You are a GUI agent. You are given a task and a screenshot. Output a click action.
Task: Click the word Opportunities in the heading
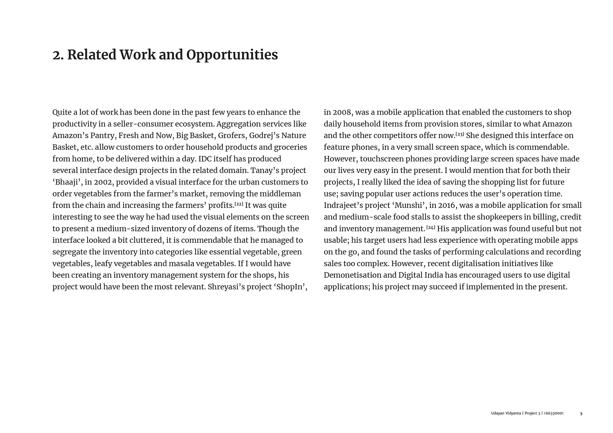232,55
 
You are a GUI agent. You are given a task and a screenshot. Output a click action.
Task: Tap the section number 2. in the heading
58,55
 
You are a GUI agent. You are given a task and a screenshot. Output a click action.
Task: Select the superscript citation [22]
239,204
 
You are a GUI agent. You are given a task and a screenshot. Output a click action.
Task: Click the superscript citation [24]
431,227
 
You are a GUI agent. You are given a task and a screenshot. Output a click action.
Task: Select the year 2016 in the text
446,205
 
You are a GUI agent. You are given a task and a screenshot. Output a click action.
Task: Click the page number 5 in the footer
581,413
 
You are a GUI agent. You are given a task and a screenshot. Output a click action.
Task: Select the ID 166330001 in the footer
554,413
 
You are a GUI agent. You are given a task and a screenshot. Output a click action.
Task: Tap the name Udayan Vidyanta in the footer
506,413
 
